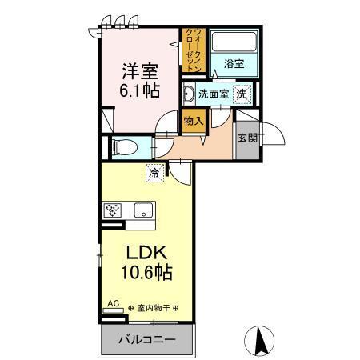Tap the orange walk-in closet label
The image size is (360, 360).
pyautogui.click(x=194, y=50)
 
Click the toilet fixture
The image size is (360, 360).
pyautogui.click(x=125, y=147)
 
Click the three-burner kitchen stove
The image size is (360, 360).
pyautogui.click(x=114, y=211)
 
